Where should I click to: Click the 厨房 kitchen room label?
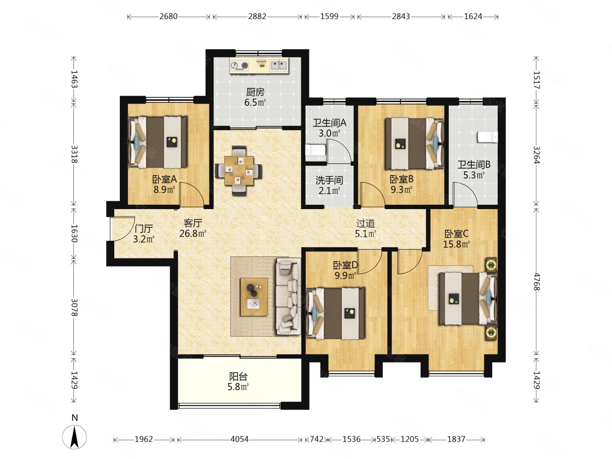tap(255, 92)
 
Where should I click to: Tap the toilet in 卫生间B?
tap(487, 137)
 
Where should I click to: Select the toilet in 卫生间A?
tap(315, 150)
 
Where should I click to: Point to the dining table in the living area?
tap(239, 170)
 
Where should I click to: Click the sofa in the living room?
tap(288, 296)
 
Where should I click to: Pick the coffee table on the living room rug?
tap(254, 297)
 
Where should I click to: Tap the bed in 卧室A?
tap(157, 142)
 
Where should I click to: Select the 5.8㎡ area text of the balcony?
tap(238, 387)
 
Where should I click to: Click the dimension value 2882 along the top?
tap(257, 17)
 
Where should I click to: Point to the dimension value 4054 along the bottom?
tap(240, 439)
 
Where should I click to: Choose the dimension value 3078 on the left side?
tap(74, 307)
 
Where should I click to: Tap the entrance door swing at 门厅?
tap(122, 229)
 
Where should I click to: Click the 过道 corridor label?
tap(365, 223)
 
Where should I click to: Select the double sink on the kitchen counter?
tap(279, 66)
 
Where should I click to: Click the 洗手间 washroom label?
tap(329, 180)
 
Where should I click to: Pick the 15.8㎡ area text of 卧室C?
tap(456, 244)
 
